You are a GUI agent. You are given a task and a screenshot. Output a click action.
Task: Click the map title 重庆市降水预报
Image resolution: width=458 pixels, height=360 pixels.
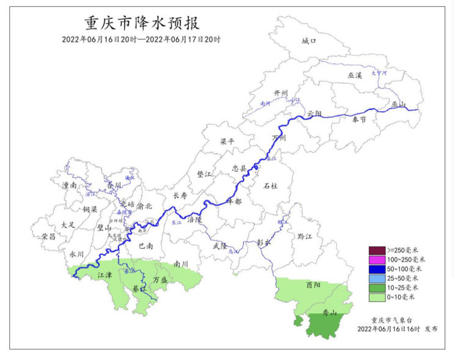pos(142,23)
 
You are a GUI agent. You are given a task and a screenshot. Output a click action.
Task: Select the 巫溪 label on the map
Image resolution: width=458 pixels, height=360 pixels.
pos(355,75)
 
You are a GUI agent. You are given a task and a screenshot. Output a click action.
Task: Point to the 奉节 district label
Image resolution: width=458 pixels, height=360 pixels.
pos(359,120)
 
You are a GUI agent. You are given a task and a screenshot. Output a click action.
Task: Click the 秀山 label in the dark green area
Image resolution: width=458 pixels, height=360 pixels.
pos(330,313)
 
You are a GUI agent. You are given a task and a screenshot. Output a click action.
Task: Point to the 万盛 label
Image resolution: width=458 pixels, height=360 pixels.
pos(160,279)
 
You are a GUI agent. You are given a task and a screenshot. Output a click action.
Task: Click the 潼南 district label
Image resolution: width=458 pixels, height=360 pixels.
pos(69,185)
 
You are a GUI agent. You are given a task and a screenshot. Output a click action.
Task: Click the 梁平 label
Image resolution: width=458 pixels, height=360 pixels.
pos(227,141)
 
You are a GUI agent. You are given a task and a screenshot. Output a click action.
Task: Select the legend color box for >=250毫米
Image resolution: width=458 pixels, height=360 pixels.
pos(376,249)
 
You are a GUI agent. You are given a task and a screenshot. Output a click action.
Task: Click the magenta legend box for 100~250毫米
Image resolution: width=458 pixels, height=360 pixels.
pos(376,259)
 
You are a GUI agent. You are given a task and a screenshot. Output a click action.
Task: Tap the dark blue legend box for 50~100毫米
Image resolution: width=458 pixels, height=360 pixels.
pos(376,269)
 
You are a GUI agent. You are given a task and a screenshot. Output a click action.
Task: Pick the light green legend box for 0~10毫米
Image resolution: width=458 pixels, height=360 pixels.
pos(376,297)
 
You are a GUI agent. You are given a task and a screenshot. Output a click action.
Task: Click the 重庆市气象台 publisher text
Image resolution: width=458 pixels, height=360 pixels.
pos(390,320)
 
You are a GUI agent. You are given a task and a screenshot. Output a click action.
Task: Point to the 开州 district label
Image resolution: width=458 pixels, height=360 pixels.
pos(281,93)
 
